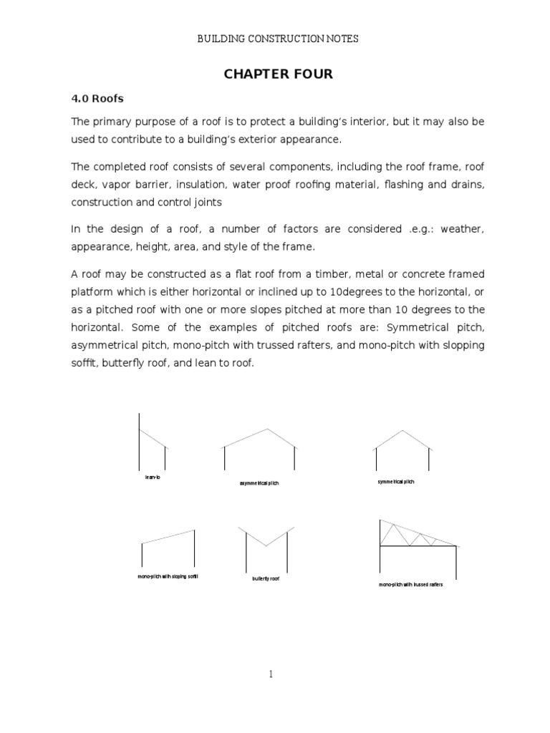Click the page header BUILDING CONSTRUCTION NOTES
click(278, 39)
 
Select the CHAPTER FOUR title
click(278, 74)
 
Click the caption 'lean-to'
click(153, 477)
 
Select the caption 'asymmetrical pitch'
click(259, 484)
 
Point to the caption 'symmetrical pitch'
click(396, 482)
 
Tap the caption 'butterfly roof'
click(266, 578)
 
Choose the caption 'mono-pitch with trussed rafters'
click(411, 585)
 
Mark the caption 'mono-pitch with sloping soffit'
click(168, 576)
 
